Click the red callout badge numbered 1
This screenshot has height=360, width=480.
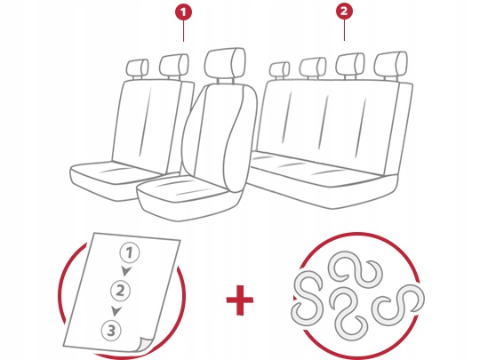pyautogui.click(x=183, y=12)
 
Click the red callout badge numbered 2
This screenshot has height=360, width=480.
pyautogui.click(x=344, y=12)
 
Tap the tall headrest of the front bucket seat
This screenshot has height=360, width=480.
pyautogui.click(x=225, y=63)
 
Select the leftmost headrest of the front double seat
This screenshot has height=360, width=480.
pyautogui.click(x=138, y=68)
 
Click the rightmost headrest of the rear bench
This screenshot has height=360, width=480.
pyautogui.click(x=391, y=64)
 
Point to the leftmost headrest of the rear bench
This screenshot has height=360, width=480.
pyautogui.click(x=279, y=70)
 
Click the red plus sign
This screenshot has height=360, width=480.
pyautogui.click(x=240, y=300)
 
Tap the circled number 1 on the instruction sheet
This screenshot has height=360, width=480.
pyautogui.click(x=130, y=253)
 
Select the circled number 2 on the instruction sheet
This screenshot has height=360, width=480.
pyautogui.click(x=120, y=291)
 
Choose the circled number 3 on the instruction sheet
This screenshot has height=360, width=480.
pyautogui.click(x=111, y=331)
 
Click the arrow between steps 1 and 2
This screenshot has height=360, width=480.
pyautogui.click(x=126, y=271)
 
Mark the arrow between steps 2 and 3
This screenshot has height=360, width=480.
pyautogui.click(x=116, y=311)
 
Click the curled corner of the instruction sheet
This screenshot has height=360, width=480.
pyautogui.click(x=144, y=344)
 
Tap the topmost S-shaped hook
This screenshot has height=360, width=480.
pyautogui.click(x=355, y=268)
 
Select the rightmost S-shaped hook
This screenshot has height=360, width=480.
pyautogui.click(x=398, y=304)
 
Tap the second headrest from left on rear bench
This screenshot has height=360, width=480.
pyautogui.click(x=313, y=68)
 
